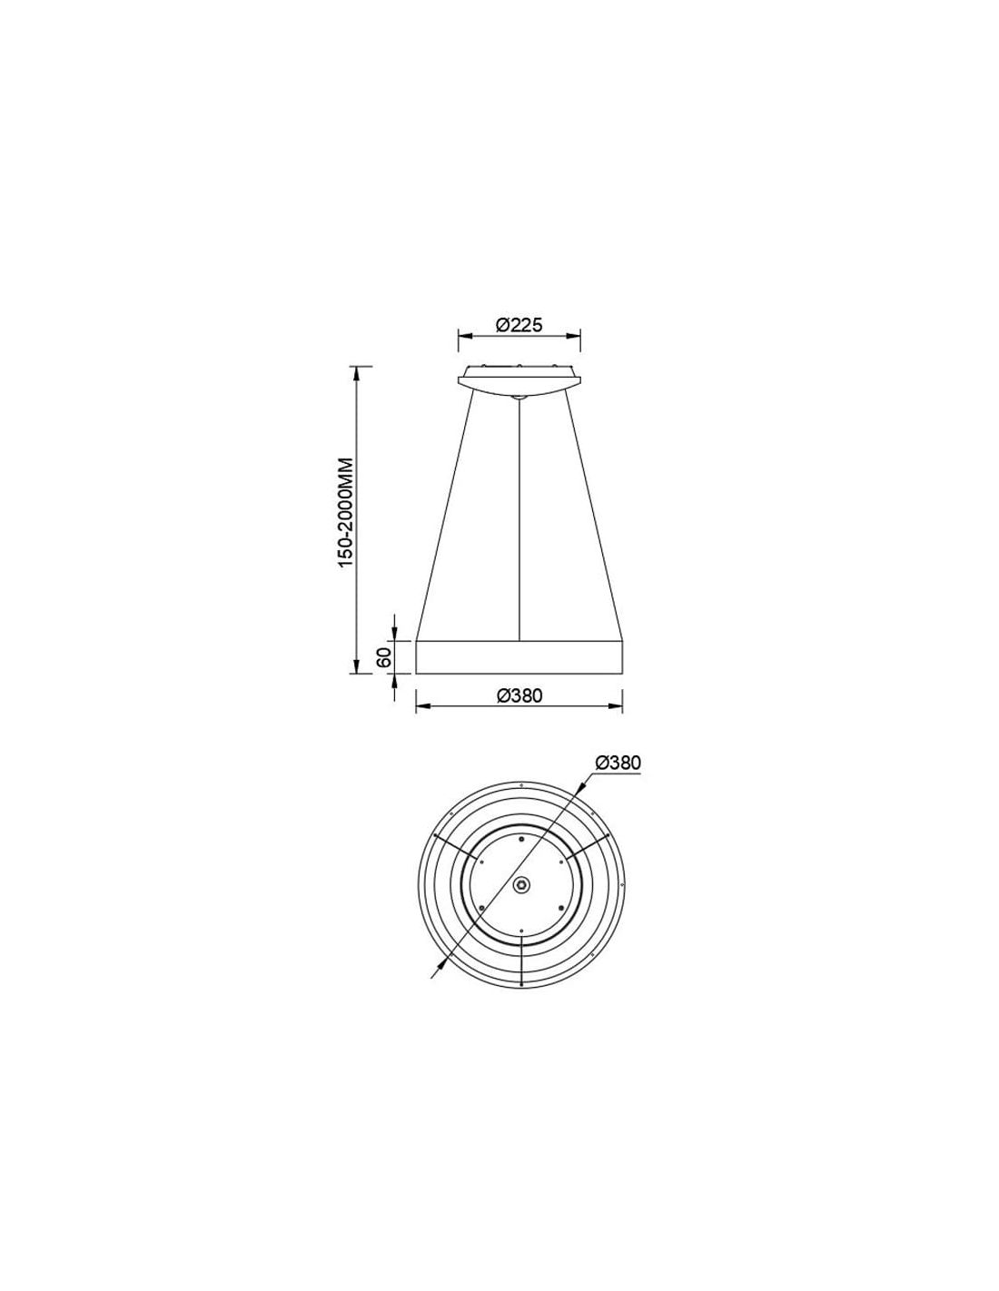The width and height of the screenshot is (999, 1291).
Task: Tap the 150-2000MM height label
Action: click(346, 512)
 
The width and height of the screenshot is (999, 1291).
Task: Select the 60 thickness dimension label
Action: click(383, 657)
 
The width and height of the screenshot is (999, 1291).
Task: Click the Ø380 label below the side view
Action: click(519, 695)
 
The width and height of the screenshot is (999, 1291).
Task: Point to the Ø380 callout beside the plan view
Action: click(618, 763)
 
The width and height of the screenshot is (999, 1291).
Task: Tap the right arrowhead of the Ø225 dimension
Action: click(573, 336)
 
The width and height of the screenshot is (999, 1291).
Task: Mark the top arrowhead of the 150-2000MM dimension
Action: click(356, 373)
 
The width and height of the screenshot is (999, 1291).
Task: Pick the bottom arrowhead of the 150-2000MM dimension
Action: click(356, 666)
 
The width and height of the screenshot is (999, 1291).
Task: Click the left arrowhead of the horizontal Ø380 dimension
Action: click(422, 706)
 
